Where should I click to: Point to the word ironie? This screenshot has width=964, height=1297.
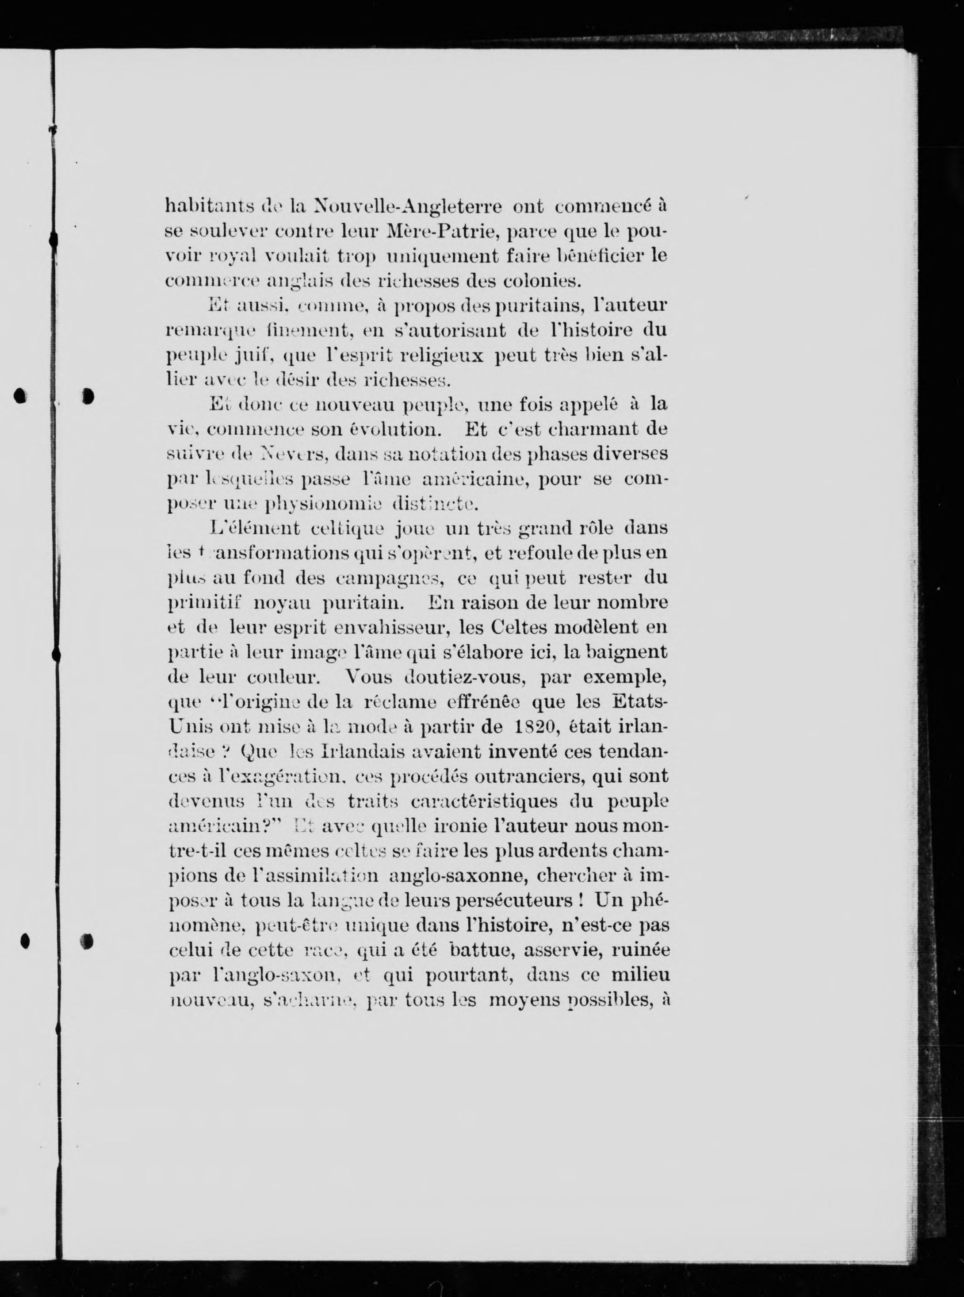click(x=434, y=826)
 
